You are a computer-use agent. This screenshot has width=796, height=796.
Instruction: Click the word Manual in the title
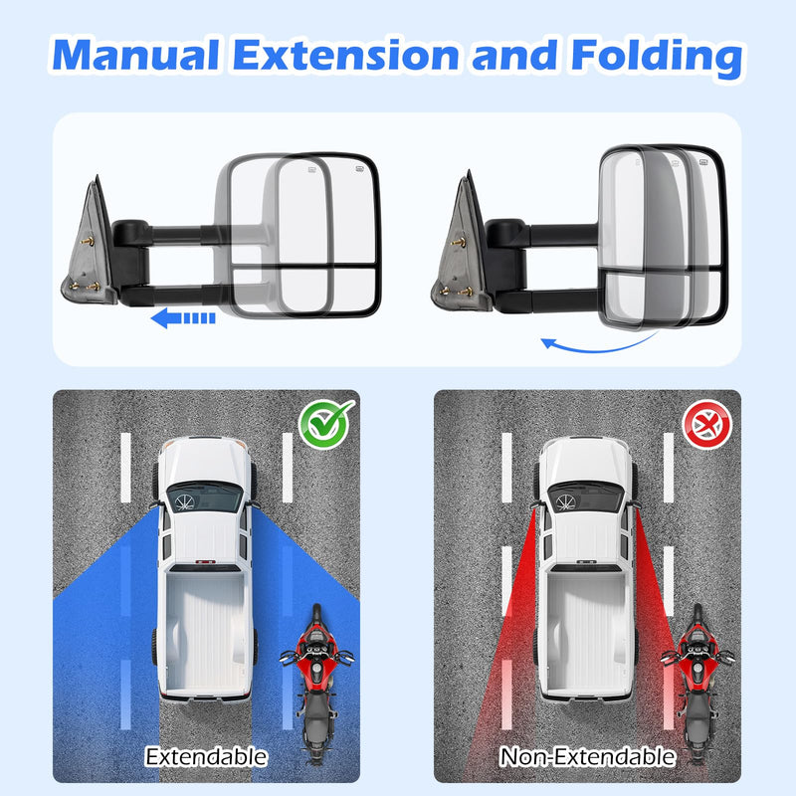click(135, 55)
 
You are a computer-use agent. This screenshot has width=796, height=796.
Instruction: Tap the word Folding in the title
click(658, 58)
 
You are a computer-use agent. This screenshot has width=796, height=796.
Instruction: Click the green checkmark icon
click(326, 424)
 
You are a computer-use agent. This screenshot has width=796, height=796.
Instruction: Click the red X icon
click(706, 425)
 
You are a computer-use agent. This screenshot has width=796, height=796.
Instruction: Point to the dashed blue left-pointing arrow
click(183, 318)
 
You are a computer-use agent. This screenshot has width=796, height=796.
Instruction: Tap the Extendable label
click(206, 757)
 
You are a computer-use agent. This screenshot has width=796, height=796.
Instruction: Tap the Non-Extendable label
click(587, 757)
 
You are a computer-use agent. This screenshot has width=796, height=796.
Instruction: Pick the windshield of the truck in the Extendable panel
click(205, 497)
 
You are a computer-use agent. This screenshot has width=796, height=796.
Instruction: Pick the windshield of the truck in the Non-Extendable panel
click(586, 497)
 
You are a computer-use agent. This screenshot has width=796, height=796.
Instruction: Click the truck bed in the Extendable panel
click(205, 632)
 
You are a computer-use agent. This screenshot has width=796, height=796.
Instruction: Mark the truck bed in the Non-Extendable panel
click(586, 632)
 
